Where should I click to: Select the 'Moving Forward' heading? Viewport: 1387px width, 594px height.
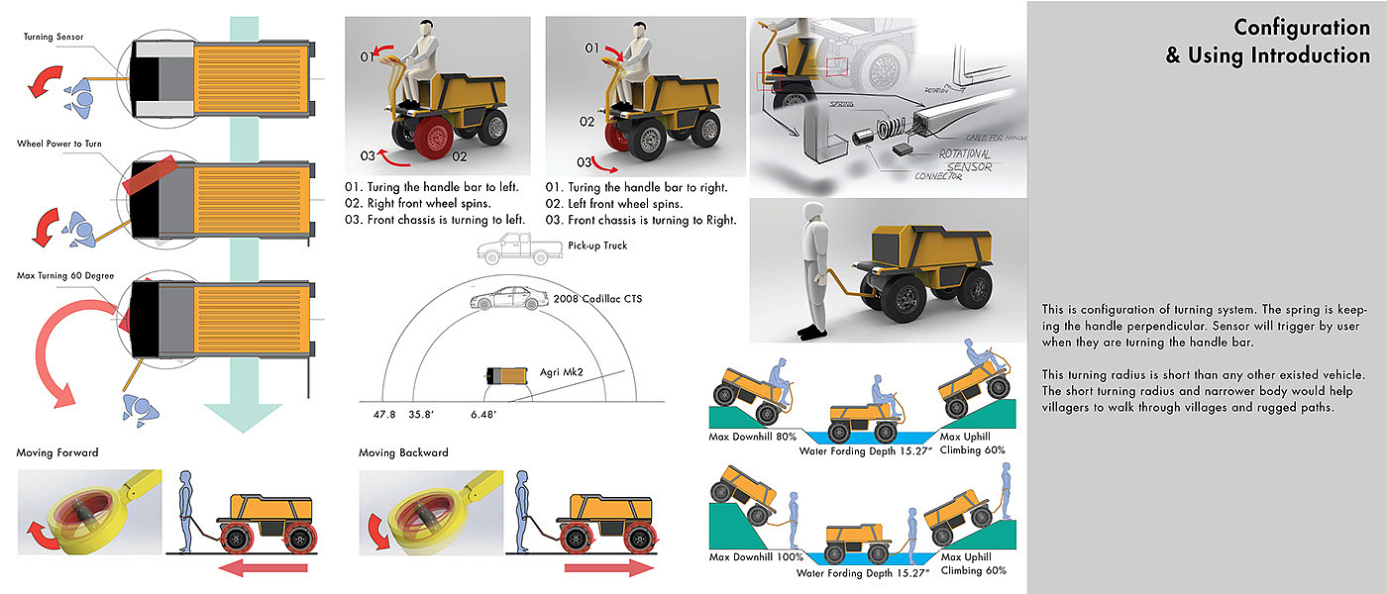pos(57,452)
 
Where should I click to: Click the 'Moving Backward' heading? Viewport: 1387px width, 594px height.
pos(403,452)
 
